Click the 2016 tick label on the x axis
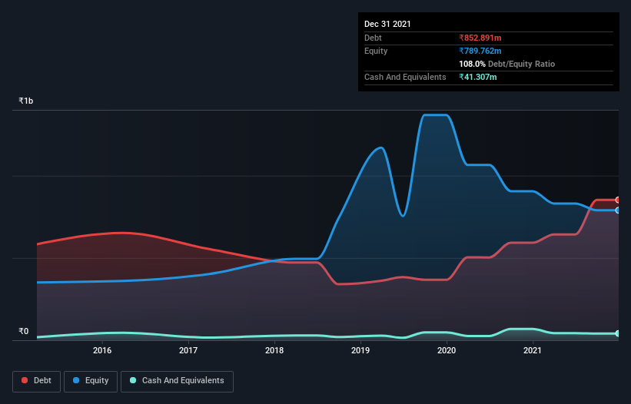(x=102, y=351)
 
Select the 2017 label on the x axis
(x=188, y=351)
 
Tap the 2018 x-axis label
(x=274, y=351)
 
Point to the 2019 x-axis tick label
(x=360, y=351)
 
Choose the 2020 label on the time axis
(x=447, y=351)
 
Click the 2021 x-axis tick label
(x=533, y=351)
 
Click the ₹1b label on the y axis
(x=26, y=101)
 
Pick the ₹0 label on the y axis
(x=23, y=332)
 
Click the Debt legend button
(x=36, y=380)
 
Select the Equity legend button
(x=91, y=380)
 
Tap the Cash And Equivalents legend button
(x=177, y=380)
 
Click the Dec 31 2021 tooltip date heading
(x=387, y=24)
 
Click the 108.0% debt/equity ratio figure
(x=472, y=64)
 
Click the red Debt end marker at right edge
(x=618, y=200)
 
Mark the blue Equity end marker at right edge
(x=618, y=210)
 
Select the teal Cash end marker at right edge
(x=618, y=333)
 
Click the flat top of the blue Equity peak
(x=436, y=115)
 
